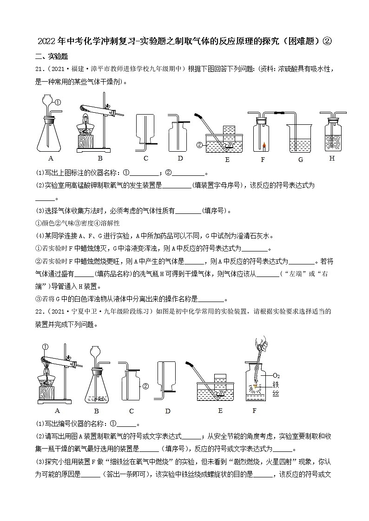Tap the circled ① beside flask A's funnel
pyautogui.click(x=58, y=103)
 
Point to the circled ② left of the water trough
pyautogui.click(x=199, y=145)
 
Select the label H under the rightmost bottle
pyautogui.click(x=332, y=158)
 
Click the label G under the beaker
pyautogui.click(x=300, y=160)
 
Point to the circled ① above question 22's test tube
pyautogui.click(x=45, y=346)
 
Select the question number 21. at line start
pyautogui.click(x=40, y=69)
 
